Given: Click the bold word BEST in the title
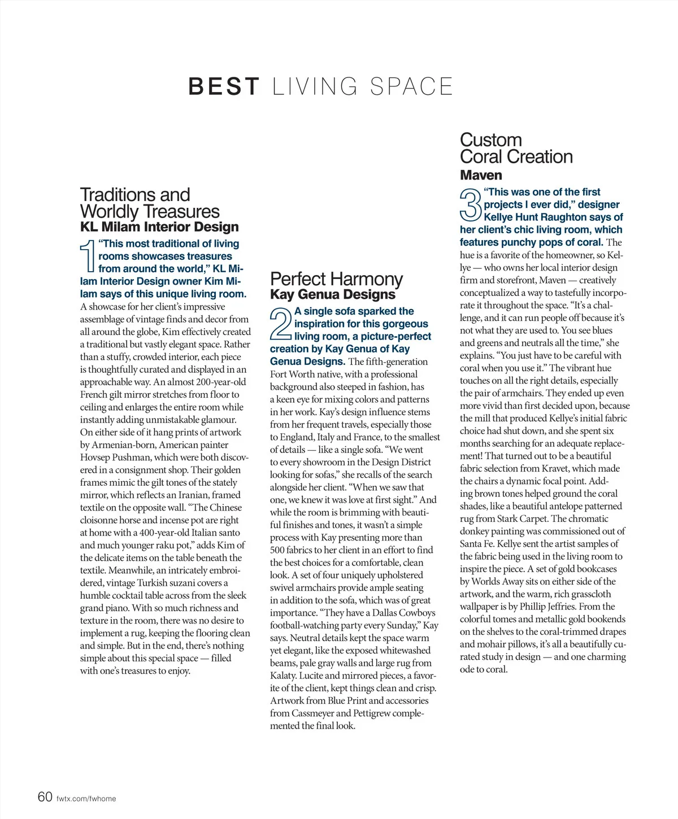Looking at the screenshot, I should [x=224, y=87].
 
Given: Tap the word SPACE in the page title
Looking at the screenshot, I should [x=411, y=87].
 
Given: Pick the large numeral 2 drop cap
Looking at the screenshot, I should [x=281, y=324].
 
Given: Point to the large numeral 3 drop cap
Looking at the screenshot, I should [x=471, y=204].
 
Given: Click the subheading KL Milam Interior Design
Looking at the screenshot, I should [x=159, y=227].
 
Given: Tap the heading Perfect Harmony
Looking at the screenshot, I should [x=336, y=279].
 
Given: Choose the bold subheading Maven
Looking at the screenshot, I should [x=481, y=175].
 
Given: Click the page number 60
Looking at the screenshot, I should [x=45, y=797].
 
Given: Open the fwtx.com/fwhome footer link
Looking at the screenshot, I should [x=86, y=799].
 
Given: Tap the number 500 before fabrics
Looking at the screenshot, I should [x=277, y=550].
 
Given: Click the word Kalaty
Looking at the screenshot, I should [x=283, y=676].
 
